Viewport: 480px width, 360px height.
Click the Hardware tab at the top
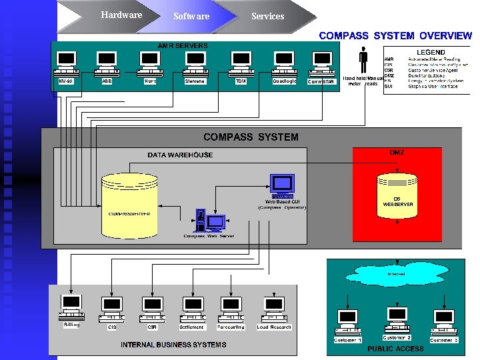(121, 15)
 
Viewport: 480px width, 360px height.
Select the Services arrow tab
(267, 17)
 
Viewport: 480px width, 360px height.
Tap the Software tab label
(191, 17)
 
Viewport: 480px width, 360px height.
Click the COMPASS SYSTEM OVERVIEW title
(395, 35)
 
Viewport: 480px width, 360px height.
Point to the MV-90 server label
(65, 81)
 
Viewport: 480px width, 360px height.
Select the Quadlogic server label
(285, 81)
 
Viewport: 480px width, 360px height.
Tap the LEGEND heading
(431, 52)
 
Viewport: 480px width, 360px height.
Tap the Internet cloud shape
(396, 274)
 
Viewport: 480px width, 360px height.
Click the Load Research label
(274, 327)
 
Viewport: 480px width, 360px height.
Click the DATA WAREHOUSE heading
(180, 155)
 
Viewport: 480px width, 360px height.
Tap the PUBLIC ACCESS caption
(395, 349)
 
